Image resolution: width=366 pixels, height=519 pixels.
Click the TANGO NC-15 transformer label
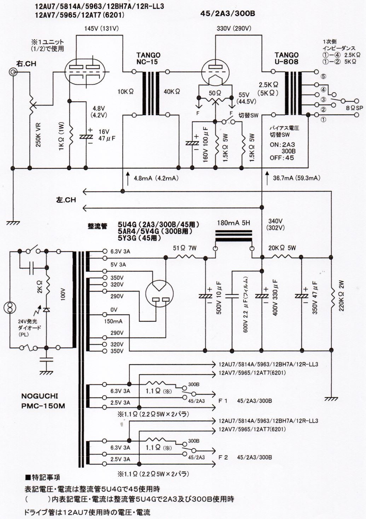[148, 58]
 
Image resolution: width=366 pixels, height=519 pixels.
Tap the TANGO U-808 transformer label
[286, 58]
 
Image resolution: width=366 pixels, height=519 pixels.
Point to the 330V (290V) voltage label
[234, 28]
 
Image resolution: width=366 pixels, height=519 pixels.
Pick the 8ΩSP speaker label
[354, 107]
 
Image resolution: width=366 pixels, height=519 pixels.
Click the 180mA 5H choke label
[233, 223]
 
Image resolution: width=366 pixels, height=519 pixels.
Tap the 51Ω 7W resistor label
[185, 248]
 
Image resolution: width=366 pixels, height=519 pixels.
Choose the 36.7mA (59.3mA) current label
[296, 178]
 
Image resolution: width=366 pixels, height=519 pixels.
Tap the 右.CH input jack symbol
[13, 72]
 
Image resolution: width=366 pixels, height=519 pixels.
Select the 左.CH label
[66, 200]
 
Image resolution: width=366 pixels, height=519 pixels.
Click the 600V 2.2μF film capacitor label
[245, 305]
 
